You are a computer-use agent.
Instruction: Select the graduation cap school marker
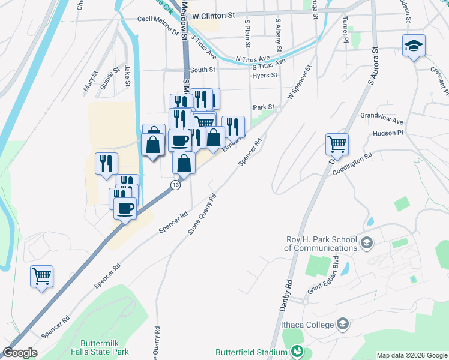pos(414,46)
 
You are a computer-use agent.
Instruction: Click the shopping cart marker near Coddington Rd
pos(337,144)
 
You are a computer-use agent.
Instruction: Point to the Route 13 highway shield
pos(175,185)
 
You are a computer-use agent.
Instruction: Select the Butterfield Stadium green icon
pos(297,351)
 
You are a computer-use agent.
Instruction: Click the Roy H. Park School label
pos(321,244)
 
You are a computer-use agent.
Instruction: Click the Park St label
pos(264,107)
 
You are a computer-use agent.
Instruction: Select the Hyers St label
pos(265,76)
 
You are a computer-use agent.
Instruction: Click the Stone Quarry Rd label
pos(202,214)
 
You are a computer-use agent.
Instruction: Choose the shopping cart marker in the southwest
pos(42,277)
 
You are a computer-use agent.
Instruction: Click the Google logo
pos(20,353)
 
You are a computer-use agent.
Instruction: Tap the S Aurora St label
pos(372,65)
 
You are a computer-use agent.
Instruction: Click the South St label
pos(203,70)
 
